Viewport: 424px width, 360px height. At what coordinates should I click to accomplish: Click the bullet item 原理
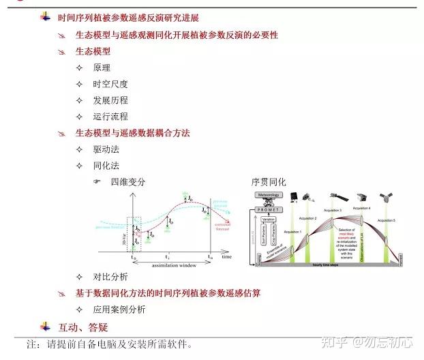tap(102, 67)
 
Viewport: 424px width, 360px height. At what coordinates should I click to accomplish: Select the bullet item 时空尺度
tap(110, 84)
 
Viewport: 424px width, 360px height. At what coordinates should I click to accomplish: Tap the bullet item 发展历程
tap(110, 100)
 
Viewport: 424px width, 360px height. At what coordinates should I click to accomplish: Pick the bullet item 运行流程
tap(110, 117)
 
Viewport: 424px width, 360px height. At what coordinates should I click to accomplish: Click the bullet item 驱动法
tap(106, 149)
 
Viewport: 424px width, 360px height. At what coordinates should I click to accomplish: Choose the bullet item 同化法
tap(106, 166)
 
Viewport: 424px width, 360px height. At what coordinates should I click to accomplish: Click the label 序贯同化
tap(269, 182)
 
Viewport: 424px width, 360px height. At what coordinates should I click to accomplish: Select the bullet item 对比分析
tap(110, 277)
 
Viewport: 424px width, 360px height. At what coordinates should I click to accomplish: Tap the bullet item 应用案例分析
tap(119, 310)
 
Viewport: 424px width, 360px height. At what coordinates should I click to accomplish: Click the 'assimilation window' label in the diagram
tap(173, 265)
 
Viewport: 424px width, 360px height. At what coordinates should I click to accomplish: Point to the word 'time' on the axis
tap(226, 256)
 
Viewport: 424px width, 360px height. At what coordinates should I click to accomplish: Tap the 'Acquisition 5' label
tap(387, 220)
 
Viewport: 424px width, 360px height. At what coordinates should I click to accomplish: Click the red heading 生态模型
tap(93, 51)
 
